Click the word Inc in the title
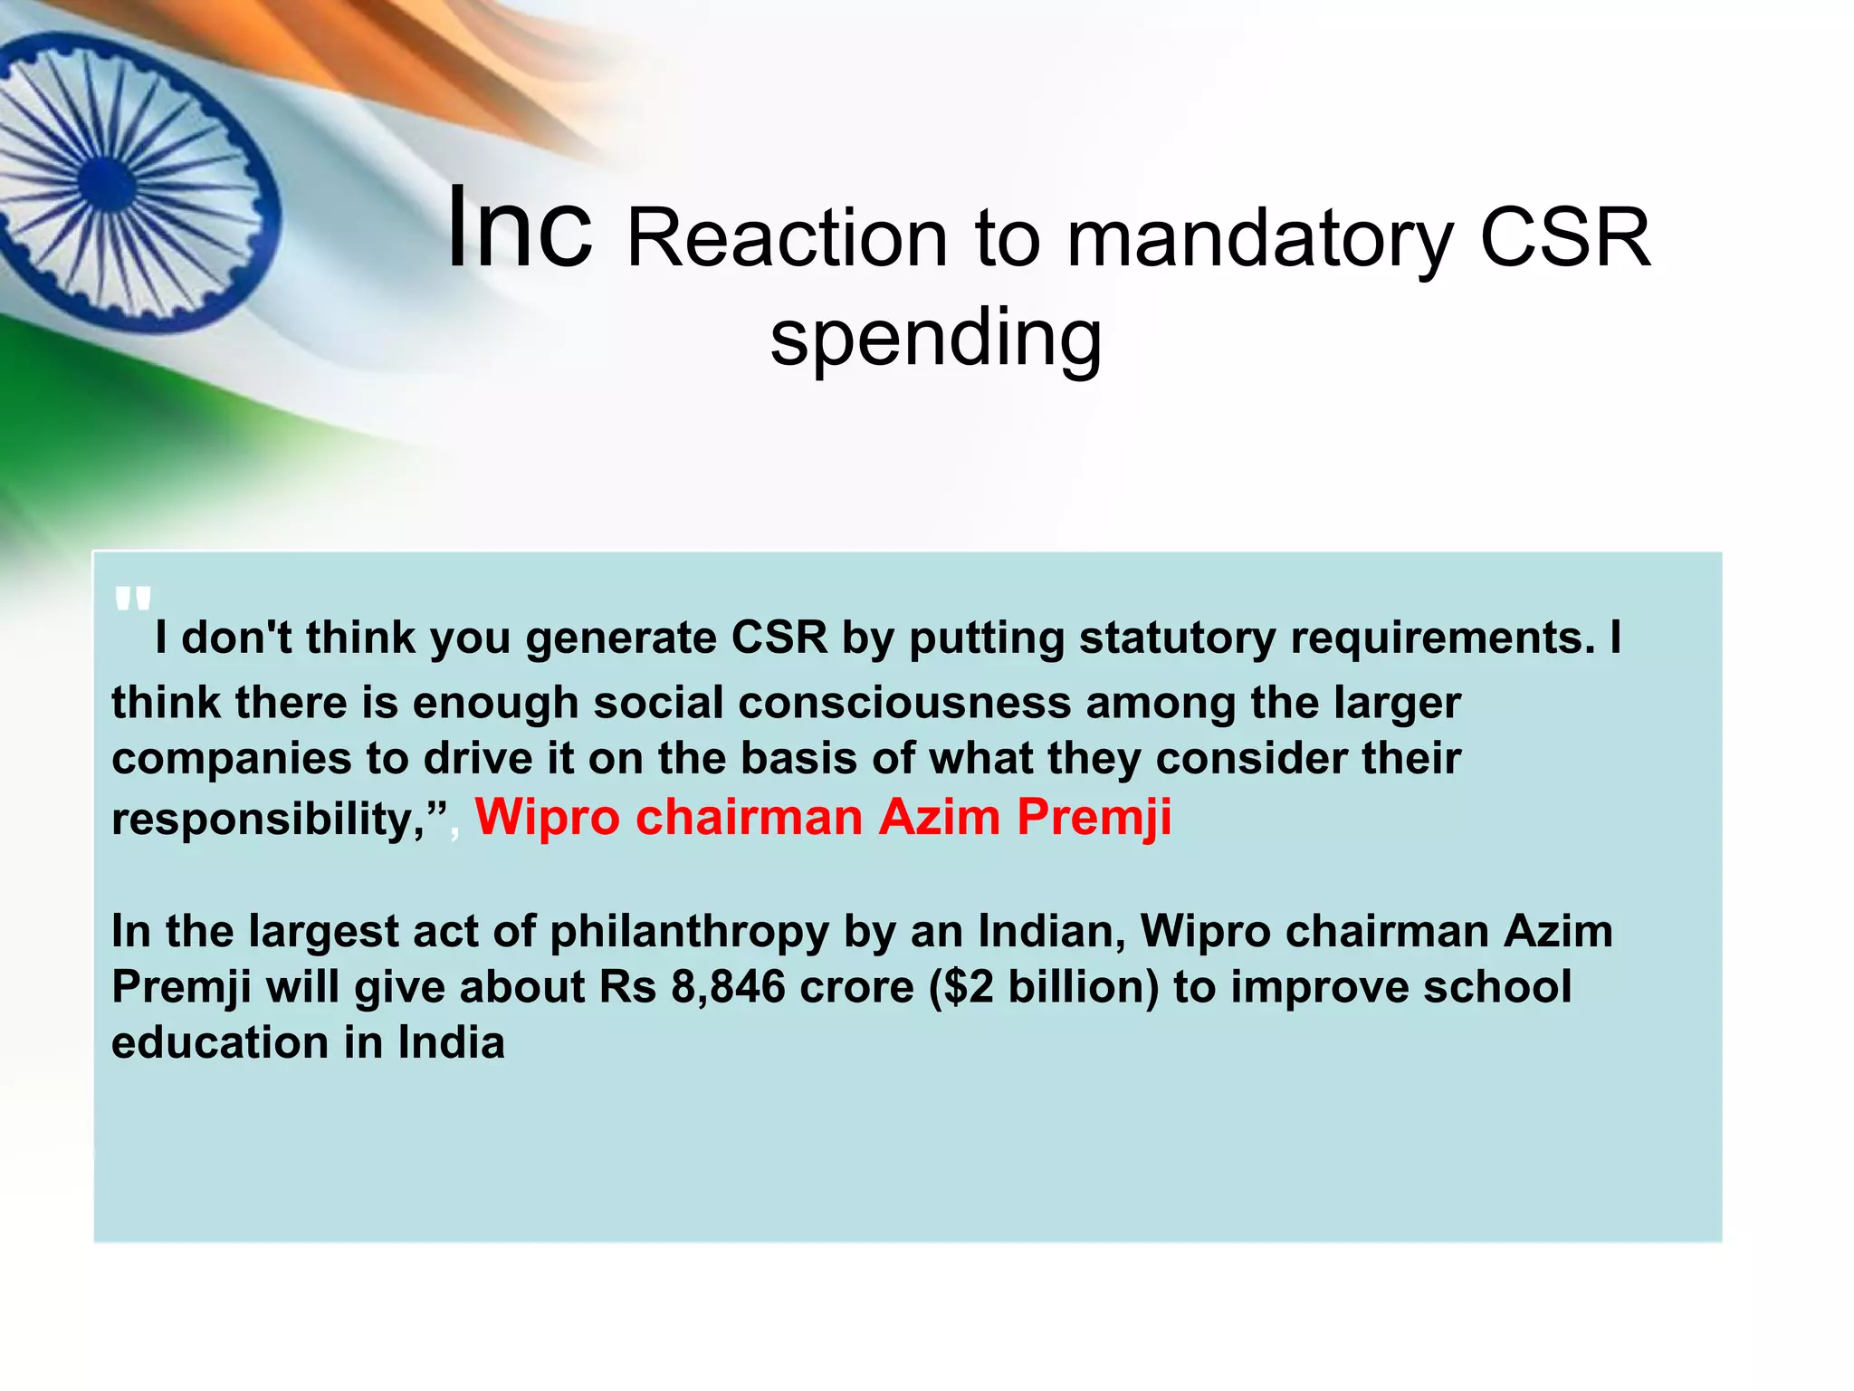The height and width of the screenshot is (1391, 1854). pos(521,228)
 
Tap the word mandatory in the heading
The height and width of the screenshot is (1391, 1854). pos(1258,239)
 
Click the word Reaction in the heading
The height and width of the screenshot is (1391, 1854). pos(787,239)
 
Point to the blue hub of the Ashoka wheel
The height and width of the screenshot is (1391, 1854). pos(107,180)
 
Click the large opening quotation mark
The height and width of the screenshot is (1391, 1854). pos(132,600)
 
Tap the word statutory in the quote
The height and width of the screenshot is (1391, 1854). pos(1177,638)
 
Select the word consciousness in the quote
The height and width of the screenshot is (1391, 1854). pos(904,703)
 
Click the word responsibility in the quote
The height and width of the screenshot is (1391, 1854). pos(267,819)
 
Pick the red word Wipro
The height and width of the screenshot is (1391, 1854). pos(548,817)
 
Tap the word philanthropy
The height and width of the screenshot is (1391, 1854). pos(689,932)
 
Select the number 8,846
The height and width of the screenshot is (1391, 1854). pos(728,987)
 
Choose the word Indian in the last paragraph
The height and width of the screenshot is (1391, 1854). pos(1051,931)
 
